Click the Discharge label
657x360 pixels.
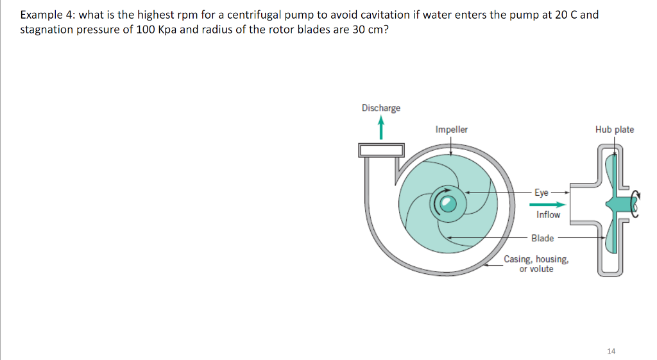(380, 108)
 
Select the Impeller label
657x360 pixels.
(451, 130)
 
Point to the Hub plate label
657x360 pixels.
(614, 130)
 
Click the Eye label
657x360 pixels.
(542, 192)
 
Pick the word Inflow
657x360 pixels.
(548, 215)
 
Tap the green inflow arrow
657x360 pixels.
(547, 204)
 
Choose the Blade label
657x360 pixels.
(542, 238)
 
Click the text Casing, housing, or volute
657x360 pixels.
(536, 264)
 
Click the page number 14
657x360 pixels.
(610, 351)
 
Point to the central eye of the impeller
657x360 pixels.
(448, 204)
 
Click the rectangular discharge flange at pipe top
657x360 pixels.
(381, 150)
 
